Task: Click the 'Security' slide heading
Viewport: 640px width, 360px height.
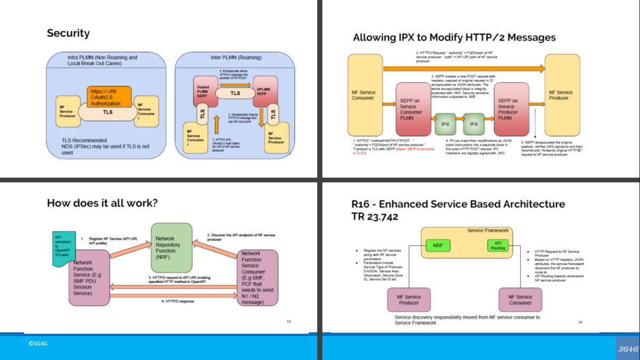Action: (x=68, y=33)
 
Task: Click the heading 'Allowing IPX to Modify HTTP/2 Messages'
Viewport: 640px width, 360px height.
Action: (x=454, y=37)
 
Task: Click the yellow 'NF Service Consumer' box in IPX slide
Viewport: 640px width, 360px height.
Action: (x=363, y=95)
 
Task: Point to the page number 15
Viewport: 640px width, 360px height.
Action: (x=289, y=321)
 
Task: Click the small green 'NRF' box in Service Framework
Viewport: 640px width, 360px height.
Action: (x=438, y=246)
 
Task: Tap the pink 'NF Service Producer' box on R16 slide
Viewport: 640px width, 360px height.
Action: (x=409, y=300)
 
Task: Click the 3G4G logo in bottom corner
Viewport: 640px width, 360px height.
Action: (x=627, y=348)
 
